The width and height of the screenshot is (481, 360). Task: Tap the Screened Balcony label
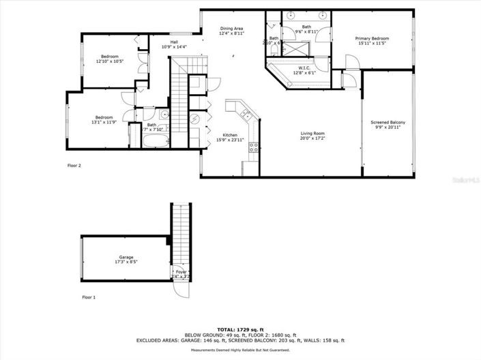388,123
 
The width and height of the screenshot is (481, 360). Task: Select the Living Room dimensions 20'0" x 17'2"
313,138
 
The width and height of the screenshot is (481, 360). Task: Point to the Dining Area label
232,29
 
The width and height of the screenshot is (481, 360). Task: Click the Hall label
174,43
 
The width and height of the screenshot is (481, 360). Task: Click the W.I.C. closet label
304,67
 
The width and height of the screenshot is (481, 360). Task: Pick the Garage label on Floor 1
124,256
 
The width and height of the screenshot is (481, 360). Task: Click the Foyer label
181,272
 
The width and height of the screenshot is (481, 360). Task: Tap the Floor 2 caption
74,166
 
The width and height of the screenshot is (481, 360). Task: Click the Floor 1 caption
89,297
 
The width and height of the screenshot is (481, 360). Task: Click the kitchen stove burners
254,147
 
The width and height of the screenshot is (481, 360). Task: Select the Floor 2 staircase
179,102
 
